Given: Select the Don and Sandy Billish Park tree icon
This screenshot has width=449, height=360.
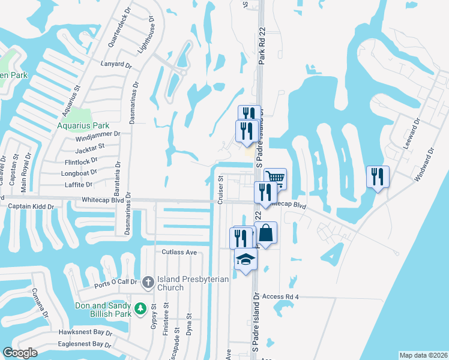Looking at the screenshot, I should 140,308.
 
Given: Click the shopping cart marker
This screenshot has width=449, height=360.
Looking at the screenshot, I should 275,178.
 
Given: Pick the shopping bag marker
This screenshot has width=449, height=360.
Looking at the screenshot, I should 265,233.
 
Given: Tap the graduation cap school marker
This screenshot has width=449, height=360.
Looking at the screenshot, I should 246,260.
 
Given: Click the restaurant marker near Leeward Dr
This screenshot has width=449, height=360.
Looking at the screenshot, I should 378,176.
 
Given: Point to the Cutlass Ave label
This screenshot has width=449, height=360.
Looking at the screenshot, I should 179,253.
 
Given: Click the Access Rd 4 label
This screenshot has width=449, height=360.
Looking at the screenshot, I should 280,296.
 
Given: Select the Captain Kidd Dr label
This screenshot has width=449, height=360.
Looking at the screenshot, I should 31,206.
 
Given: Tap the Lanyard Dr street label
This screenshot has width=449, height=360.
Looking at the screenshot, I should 116,64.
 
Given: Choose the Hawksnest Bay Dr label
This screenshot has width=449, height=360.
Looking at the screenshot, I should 85,332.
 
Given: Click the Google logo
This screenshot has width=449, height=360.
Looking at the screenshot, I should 20,353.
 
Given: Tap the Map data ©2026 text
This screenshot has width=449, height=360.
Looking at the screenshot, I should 423,355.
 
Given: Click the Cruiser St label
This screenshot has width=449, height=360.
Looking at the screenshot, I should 220,190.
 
